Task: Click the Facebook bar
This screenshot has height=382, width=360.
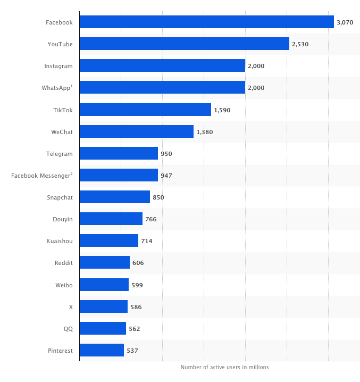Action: (x=206, y=22)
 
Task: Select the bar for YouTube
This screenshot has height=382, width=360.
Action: (x=184, y=44)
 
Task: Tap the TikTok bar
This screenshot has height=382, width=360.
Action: (x=145, y=110)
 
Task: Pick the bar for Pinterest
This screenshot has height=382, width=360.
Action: (x=102, y=350)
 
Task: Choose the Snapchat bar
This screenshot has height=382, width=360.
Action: (x=114, y=197)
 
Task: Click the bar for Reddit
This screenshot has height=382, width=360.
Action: (x=104, y=262)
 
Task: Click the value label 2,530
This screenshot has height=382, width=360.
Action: (x=300, y=44)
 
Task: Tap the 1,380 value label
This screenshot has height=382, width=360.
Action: (x=204, y=132)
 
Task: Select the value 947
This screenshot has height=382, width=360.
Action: (x=166, y=176)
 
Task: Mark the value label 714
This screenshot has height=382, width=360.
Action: (x=147, y=241)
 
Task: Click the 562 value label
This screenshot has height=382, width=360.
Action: (x=135, y=329)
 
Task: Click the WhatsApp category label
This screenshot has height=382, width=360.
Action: (x=57, y=88)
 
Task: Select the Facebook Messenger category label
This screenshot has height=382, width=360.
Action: (x=41, y=176)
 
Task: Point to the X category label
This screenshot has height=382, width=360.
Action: (x=70, y=307)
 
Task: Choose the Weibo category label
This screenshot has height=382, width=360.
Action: (x=64, y=285)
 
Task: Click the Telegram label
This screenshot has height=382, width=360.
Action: (x=59, y=154)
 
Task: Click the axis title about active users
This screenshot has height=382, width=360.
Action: (x=224, y=367)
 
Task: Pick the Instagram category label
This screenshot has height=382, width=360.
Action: (x=58, y=66)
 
